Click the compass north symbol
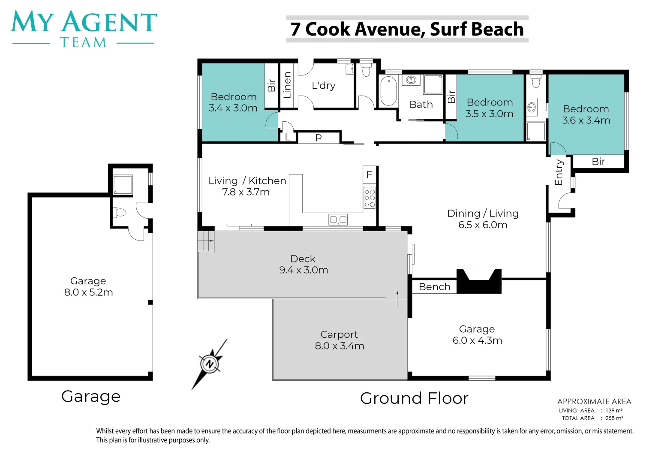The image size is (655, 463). (209, 364)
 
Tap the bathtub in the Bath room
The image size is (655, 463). (388, 90)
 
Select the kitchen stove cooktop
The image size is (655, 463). (370, 198)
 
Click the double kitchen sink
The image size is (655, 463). (338, 219)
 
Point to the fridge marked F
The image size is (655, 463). (370, 174)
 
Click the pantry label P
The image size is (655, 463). (318, 138)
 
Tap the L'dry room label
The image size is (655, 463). (323, 85)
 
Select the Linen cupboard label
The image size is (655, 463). (288, 85)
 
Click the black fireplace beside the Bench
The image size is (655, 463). (479, 281)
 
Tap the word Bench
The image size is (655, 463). (435, 287)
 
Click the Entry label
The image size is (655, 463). (559, 172)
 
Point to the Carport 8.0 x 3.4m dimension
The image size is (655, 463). (340, 346)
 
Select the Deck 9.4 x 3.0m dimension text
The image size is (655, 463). (303, 270)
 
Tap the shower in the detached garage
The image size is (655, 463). (123, 184)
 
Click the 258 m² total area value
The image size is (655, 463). (614, 418)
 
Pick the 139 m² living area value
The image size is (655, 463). (614, 410)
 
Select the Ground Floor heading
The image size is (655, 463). (414, 398)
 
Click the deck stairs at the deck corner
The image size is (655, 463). (206, 241)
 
